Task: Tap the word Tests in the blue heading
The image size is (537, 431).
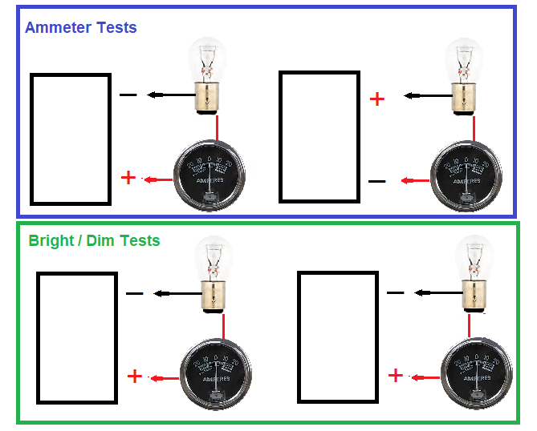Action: pos(116,27)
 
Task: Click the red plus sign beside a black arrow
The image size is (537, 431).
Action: pos(376,99)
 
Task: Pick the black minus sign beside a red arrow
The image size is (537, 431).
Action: pos(376,182)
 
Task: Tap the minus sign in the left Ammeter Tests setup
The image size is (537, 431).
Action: pos(128,96)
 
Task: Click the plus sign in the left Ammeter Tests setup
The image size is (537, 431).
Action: pos(128,177)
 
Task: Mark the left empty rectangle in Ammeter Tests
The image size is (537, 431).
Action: pos(71,139)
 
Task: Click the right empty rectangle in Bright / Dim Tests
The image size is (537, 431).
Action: pos(337,336)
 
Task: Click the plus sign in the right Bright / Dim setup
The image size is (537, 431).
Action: pos(396,376)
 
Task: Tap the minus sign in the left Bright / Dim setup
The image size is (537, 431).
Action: pos(135,294)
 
